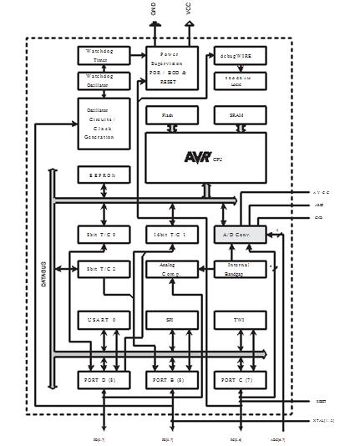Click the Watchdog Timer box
104,56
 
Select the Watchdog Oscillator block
104,80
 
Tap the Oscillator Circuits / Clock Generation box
104,124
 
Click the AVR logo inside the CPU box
198,156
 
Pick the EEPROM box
104,176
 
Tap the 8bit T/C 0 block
104,236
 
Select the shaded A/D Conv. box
239,236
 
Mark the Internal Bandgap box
239,268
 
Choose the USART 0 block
104,320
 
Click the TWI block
239,320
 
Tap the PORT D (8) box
104,380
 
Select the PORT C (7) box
239,380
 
